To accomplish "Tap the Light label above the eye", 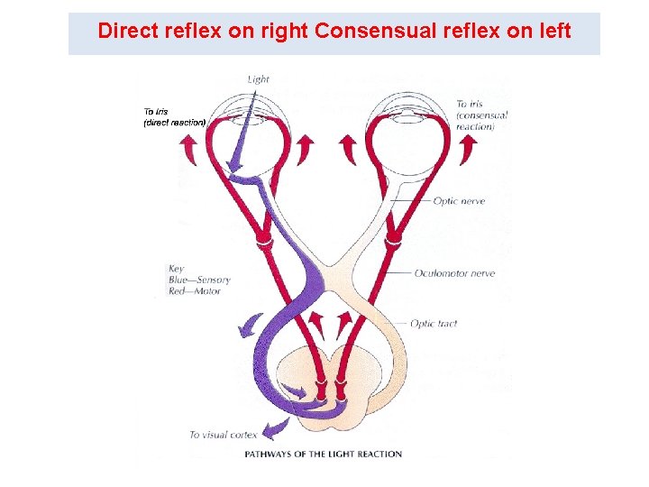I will [258, 78].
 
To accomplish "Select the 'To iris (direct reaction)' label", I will [174, 117].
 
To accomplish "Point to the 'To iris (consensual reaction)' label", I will [481, 115].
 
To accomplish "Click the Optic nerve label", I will [459, 201].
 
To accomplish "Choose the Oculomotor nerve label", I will [454, 273].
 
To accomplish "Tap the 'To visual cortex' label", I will [223, 435].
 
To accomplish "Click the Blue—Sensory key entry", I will [199, 280].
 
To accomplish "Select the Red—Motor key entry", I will [194, 291].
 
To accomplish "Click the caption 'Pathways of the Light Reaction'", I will [323, 454].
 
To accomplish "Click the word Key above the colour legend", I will [176, 268].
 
